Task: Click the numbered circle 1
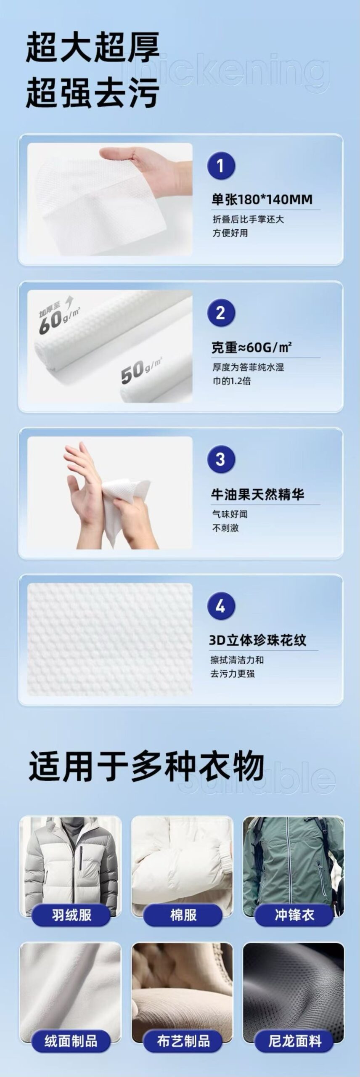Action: click(x=221, y=166)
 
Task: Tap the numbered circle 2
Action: click(x=221, y=313)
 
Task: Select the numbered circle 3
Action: click(x=221, y=459)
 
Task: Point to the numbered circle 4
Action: click(x=221, y=606)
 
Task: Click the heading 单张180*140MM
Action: click(x=262, y=199)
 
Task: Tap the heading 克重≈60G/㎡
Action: click(x=251, y=347)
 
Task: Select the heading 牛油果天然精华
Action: click(x=257, y=494)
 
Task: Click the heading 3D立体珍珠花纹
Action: click(x=257, y=640)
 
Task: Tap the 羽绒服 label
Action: click(x=71, y=915)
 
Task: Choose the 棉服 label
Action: click(x=183, y=915)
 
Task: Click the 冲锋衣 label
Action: click(x=294, y=915)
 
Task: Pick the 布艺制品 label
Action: click(x=183, y=1041)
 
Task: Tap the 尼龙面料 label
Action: click(x=294, y=1041)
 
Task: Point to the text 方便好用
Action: click(x=230, y=233)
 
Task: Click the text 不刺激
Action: click(x=225, y=528)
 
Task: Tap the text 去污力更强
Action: click(x=233, y=674)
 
